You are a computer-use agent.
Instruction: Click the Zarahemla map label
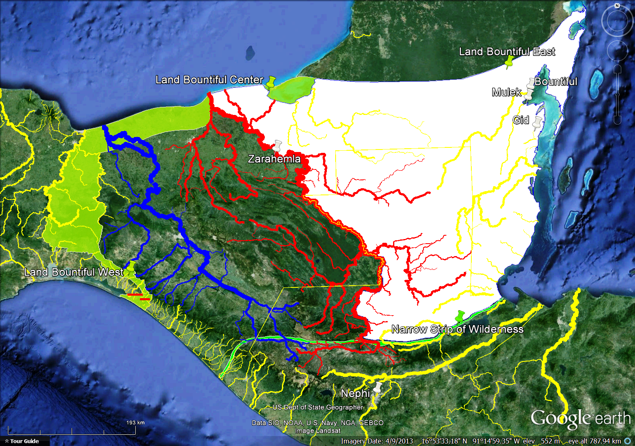(x=274, y=159)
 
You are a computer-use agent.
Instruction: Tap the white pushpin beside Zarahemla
(x=277, y=146)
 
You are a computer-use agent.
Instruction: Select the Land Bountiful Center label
(x=209, y=80)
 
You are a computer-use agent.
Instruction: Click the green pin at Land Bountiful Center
(x=271, y=82)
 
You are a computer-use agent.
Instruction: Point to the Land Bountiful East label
(x=507, y=52)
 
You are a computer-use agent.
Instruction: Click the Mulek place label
(x=506, y=92)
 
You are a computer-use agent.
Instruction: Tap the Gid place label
(x=520, y=120)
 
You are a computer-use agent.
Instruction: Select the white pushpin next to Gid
(x=538, y=122)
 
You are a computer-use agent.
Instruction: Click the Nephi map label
(x=355, y=393)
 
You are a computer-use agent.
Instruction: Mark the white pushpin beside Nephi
(x=378, y=388)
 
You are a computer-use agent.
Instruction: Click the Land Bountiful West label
(x=74, y=272)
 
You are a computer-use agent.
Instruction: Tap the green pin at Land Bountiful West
(x=131, y=267)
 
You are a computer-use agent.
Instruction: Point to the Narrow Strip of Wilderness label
(x=457, y=329)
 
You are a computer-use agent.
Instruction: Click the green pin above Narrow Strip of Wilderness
(x=459, y=316)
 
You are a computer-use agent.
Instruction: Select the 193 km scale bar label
(x=135, y=422)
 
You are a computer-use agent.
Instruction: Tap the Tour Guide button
(x=24, y=441)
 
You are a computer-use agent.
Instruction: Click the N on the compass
(x=617, y=6)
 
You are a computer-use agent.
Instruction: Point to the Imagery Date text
(x=376, y=441)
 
